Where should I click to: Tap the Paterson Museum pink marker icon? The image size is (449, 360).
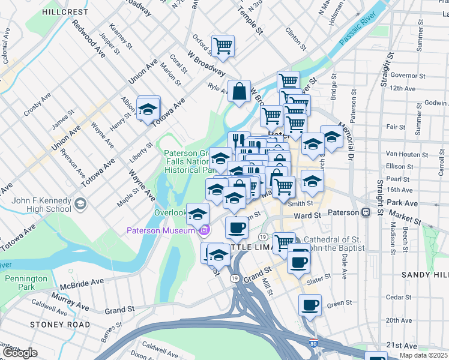pos(205,230)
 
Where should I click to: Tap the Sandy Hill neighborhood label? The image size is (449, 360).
pos(424,274)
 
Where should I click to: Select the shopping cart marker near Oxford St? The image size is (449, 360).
pos(223,46)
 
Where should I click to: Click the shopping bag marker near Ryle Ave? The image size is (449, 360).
pos(239,92)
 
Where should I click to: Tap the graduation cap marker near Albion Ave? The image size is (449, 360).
pos(148,109)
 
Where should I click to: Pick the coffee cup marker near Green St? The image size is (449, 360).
pos(310,305)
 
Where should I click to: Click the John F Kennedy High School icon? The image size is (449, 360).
pos(79,205)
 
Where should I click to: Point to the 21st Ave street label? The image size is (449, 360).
pos(402,346)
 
